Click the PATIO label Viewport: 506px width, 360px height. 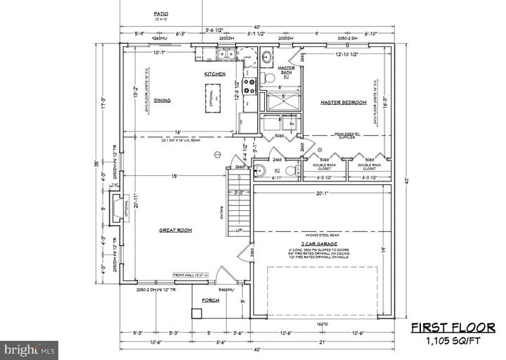click(x=161, y=14)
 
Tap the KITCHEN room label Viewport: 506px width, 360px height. click(x=214, y=74)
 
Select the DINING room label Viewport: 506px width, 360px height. click(x=162, y=101)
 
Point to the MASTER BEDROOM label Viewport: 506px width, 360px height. click(x=344, y=103)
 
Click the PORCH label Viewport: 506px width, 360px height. click(x=211, y=300)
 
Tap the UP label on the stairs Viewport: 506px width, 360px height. click(x=240, y=231)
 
